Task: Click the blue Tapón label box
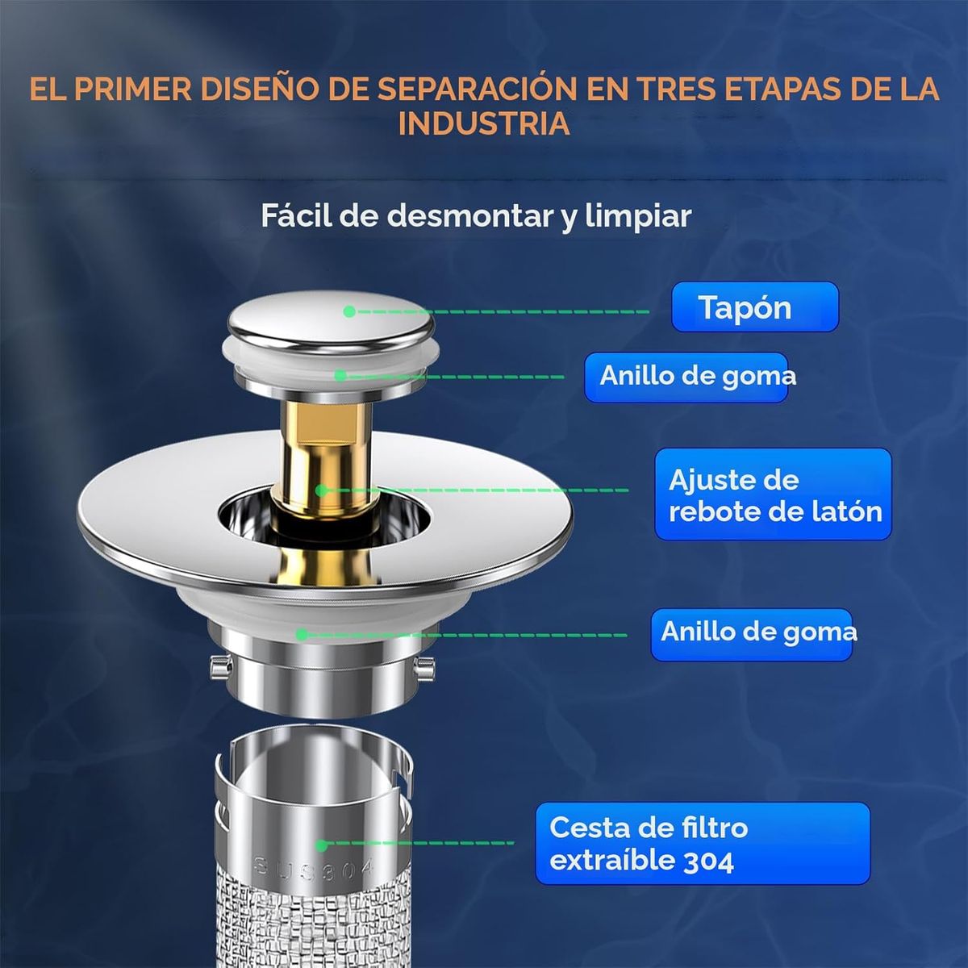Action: pyautogui.click(x=754, y=307)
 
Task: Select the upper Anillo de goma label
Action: pyautogui.click(x=687, y=377)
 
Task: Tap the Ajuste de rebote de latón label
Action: pyautogui.click(x=773, y=494)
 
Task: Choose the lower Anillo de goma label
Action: pyautogui.click(x=751, y=634)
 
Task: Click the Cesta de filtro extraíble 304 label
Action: pyautogui.click(x=702, y=844)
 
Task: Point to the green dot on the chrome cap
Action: pyautogui.click(x=348, y=311)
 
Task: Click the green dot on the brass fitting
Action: pyautogui.click(x=321, y=490)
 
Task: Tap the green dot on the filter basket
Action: pyautogui.click(x=321, y=845)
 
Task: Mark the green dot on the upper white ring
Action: pyautogui.click(x=340, y=375)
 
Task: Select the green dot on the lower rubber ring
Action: pyautogui.click(x=301, y=635)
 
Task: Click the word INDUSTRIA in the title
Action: pyautogui.click(x=484, y=124)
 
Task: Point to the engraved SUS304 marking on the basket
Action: pyautogui.click(x=315, y=868)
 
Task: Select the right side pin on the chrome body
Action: pyautogui.click(x=425, y=666)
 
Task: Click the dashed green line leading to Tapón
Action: pyautogui.click(x=500, y=311)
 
